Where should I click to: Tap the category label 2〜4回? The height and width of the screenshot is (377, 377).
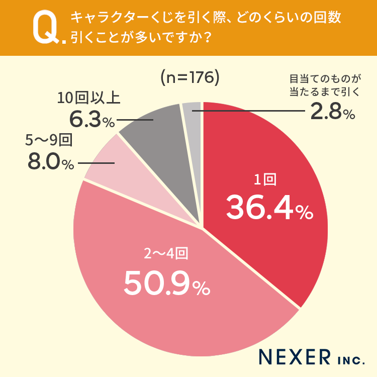pyautogui.click(x=166, y=254)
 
